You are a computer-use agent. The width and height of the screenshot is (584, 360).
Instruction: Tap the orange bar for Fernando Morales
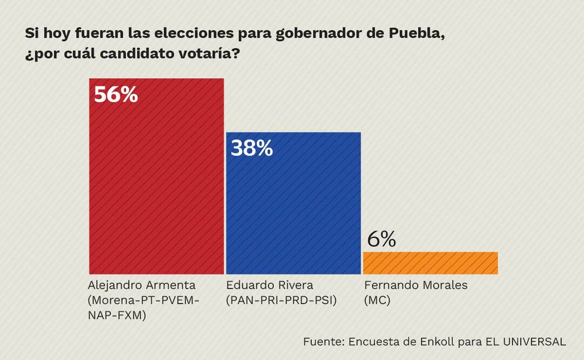pyautogui.click(x=430, y=263)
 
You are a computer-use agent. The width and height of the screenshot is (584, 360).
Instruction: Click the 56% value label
pyautogui.click(x=116, y=95)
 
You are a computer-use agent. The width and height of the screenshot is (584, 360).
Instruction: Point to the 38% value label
pyautogui.click(x=252, y=148)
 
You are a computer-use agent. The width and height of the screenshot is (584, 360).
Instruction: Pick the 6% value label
pyautogui.click(x=381, y=239)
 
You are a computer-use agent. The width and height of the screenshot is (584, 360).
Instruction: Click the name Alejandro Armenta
pyautogui.click(x=142, y=285)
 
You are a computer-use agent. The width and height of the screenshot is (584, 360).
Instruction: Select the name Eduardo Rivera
pyautogui.click(x=270, y=285)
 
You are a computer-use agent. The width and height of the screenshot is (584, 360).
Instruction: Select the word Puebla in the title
pyautogui.click(x=417, y=34)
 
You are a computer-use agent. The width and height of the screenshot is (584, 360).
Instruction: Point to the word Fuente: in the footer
pyautogui.click(x=323, y=342)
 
